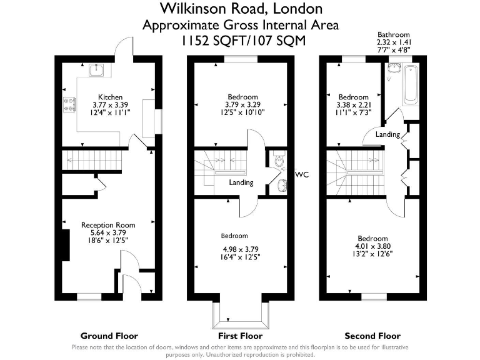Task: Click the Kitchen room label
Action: [110, 97]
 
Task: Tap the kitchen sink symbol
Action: [96, 69]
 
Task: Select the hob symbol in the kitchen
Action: [68, 104]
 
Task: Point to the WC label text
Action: [302, 174]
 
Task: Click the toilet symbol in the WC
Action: [277, 161]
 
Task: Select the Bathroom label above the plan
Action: [393, 35]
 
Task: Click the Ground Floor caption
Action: [110, 336]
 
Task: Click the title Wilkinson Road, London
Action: [241, 9]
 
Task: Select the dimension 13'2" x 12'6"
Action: [372, 253]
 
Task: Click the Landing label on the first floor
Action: [241, 183]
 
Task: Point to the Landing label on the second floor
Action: [387, 134]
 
